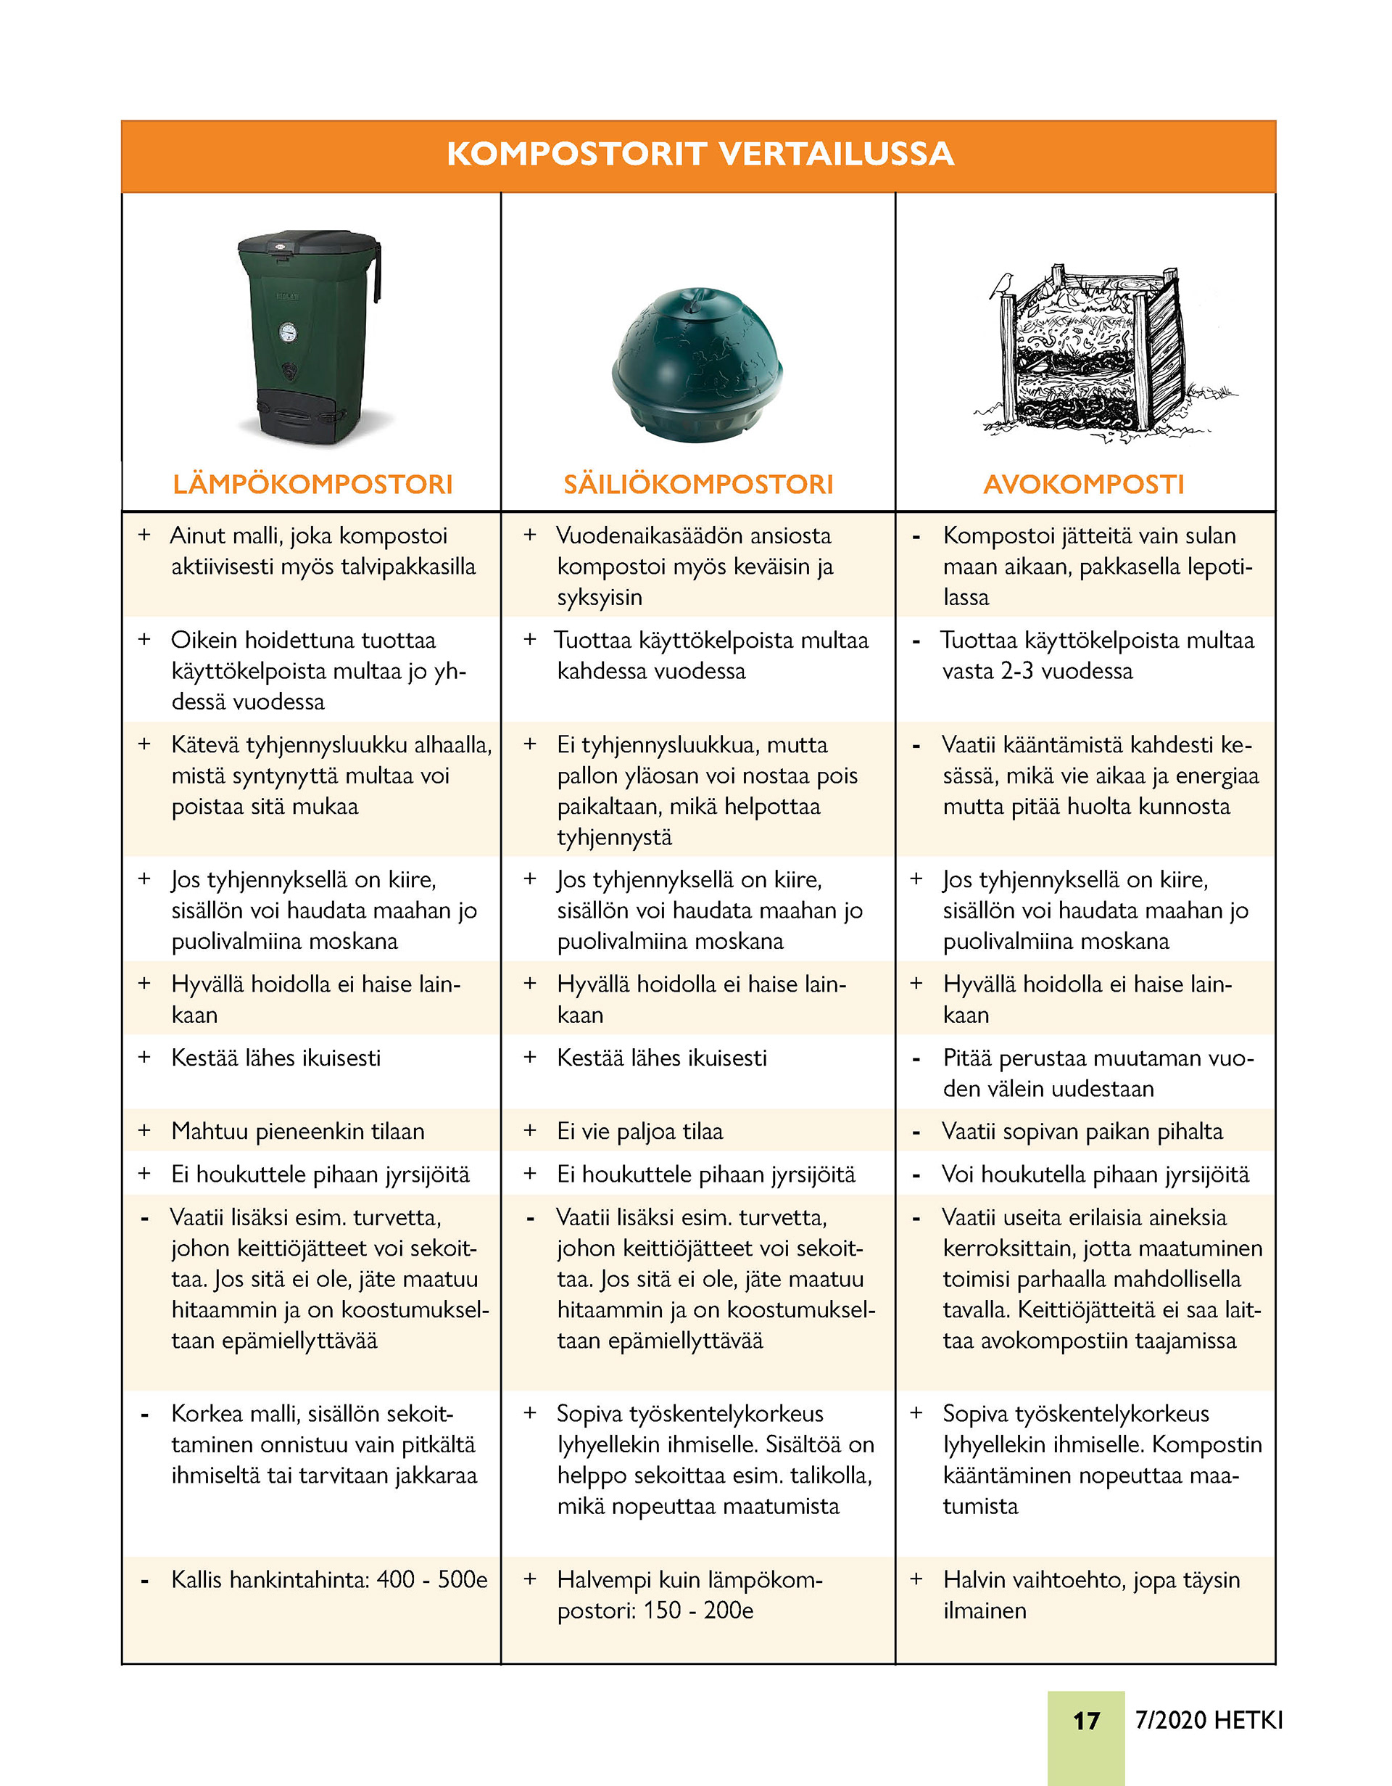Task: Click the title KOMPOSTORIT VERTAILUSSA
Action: [700, 155]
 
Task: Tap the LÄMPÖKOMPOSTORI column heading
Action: [312, 484]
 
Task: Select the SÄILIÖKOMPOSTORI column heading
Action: [698, 484]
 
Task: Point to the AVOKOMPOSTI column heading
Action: [1083, 484]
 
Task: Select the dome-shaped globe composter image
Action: [697, 364]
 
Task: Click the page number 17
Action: [1085, 1721]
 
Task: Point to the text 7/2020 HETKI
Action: [1209, 1720]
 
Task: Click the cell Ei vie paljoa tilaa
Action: [640, 1131]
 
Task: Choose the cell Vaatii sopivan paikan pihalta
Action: [1082, 1131]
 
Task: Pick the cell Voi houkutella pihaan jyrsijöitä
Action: [1095, 1174]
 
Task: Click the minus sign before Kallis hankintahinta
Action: [145, 1580]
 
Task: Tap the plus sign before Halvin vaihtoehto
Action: [916, 1579]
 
